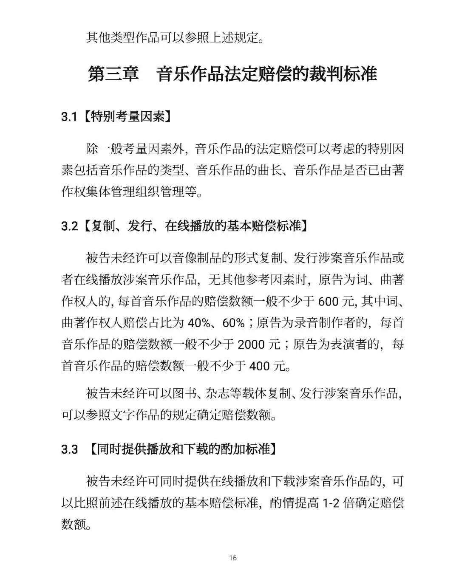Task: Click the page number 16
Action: tap(232, 558)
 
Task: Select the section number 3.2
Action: tap(69, 226)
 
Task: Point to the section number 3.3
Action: tap(69, 449)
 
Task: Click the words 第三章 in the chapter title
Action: tap(113, 74)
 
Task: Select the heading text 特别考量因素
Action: tap(128, 116)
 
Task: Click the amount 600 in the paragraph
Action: tap(328, 301)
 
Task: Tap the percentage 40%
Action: tap(198, 323)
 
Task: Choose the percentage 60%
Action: tap(233, 323)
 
